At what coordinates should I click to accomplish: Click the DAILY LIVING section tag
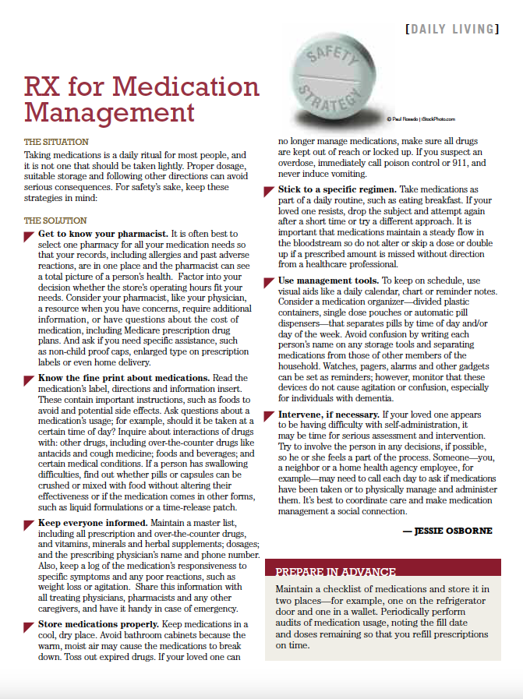coord(451,30)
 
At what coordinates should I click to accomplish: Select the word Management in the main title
coord(109,112)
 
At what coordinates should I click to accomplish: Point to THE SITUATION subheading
coord(56,143)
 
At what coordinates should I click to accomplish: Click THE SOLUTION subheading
coord(55,221)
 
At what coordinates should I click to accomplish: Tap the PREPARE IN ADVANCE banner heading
coord(336,571)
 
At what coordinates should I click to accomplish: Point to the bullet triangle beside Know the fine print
coord(30,379)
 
